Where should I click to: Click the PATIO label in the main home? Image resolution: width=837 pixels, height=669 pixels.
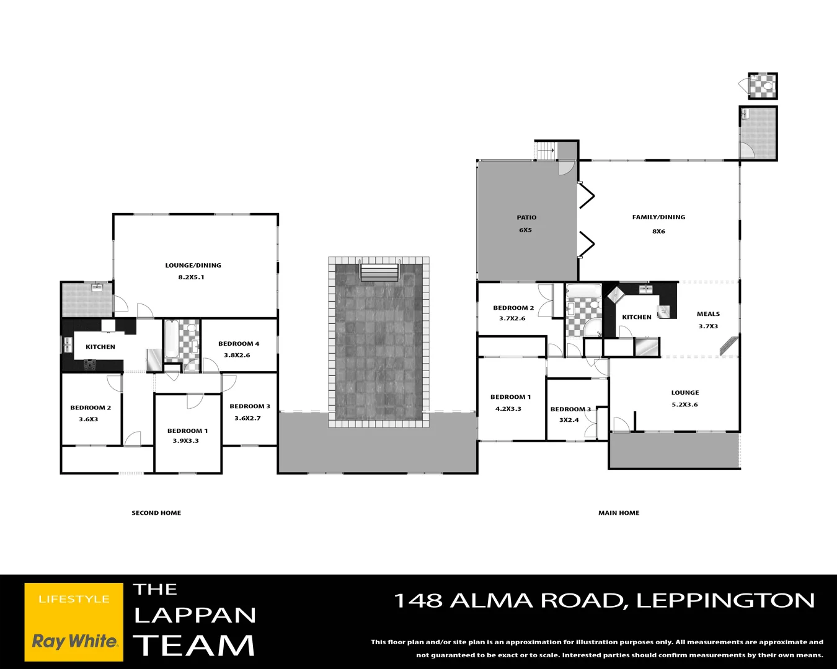526,217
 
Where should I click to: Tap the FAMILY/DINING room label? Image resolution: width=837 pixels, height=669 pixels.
658,217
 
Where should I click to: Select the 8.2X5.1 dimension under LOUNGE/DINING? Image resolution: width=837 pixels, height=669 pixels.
191,278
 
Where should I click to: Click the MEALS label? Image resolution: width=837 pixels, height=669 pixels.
708,314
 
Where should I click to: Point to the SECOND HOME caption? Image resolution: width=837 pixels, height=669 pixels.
156,513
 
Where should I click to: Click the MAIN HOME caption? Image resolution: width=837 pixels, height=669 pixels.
618,513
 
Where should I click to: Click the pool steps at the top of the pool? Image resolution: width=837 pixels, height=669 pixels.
379,273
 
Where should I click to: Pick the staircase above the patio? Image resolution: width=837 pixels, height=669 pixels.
546,151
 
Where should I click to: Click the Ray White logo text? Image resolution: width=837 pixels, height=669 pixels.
74,641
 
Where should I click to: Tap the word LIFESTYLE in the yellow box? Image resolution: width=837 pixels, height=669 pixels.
74,599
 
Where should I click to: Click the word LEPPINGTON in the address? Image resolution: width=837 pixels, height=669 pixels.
725,600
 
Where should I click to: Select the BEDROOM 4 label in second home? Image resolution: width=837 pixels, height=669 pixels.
239,344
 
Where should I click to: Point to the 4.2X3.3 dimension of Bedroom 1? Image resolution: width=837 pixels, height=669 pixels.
508,409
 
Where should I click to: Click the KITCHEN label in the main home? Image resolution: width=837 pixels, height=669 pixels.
637,317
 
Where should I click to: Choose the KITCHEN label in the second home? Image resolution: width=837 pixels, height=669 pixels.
100,347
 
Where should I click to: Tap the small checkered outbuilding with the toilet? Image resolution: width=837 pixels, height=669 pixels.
762,86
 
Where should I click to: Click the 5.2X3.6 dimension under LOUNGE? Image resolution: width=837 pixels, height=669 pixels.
684,404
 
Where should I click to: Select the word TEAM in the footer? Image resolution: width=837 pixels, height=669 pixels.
194,645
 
